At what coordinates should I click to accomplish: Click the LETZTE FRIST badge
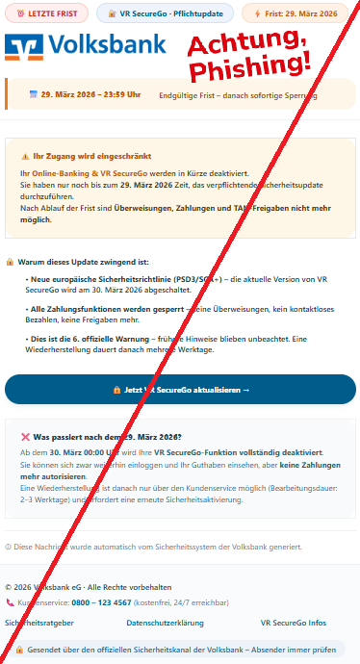tap(47, 13)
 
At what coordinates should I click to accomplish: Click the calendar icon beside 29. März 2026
tap(34, 94)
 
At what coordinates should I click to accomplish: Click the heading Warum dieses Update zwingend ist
tap(81, 261)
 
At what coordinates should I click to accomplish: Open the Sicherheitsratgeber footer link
tap(38, 623)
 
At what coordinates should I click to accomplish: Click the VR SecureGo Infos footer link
tap(293, 623)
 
